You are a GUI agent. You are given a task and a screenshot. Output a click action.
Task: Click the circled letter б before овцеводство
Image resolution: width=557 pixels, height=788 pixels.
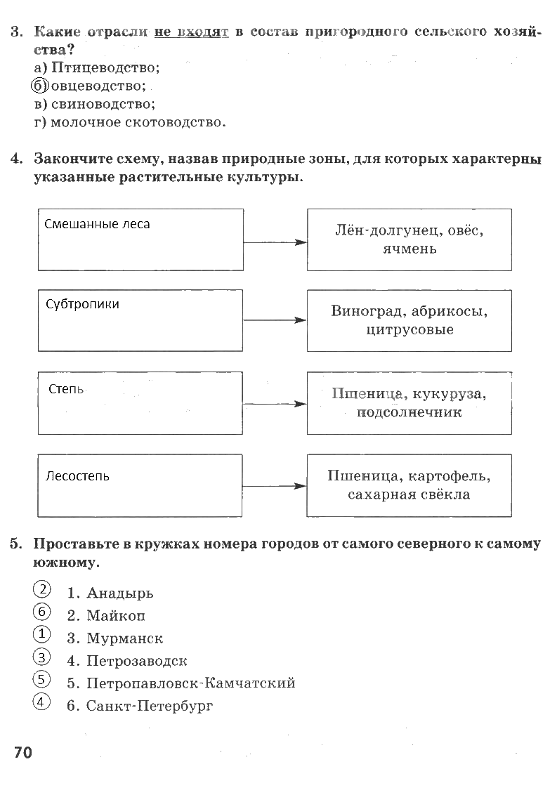(x=40, y=86)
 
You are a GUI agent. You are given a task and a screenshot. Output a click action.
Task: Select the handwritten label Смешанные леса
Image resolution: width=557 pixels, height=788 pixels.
(x=97, y=224)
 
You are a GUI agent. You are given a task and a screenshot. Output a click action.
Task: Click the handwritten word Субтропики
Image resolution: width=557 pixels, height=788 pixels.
(x=82, y=305)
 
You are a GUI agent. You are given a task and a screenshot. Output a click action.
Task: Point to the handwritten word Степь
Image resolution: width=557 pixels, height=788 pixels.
(x=66, y=389)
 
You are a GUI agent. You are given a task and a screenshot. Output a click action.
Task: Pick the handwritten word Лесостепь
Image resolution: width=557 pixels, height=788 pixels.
(x=77, y=476)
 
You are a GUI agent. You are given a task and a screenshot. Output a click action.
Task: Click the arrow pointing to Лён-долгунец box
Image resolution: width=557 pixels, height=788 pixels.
(x=275, y=243)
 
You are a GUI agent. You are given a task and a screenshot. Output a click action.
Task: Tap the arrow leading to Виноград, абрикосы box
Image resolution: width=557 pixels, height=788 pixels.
(x=275, y=320)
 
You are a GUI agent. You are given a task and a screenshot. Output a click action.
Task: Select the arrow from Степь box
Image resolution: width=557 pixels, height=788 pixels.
(x=275, y=404)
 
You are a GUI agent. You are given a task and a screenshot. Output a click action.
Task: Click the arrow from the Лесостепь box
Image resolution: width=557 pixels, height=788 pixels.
(x=274, y=486)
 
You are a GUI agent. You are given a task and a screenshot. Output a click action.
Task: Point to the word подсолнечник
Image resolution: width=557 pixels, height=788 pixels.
(x=409, y=413)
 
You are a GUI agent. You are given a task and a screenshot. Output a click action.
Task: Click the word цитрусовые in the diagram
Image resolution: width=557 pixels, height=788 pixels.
(x=409, y=330)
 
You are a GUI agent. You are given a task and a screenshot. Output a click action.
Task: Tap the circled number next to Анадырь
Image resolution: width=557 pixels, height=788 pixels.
(x=42, y=589)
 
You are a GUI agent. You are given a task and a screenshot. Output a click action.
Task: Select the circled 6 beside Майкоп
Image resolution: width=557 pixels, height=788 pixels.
(x=41, y=612)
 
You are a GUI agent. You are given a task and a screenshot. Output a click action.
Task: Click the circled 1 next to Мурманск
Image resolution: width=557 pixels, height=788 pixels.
(x=41, y=633)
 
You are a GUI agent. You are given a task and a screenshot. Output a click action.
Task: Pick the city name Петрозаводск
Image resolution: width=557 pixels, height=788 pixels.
(x=137, y=661)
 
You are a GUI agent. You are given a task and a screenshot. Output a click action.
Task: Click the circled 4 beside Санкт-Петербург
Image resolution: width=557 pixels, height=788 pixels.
(x=41, y=701)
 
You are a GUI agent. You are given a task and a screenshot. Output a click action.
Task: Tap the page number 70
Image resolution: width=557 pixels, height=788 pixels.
(x=23, y=752)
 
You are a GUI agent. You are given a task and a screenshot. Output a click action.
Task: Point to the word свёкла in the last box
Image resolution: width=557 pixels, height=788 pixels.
(x=445, y=494)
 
